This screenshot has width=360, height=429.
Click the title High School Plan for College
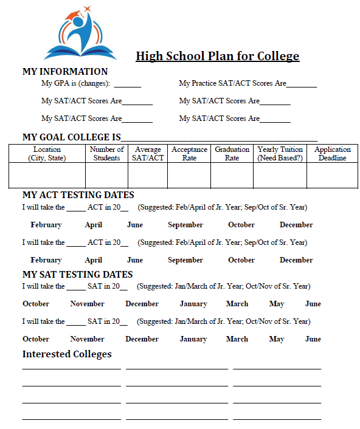point(217,57)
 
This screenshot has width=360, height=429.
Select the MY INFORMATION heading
point(65,71)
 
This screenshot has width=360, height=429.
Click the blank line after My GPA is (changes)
point(127,86)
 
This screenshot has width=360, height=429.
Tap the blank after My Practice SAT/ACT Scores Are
point(302,86)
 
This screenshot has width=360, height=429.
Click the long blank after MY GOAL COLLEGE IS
point(219,139)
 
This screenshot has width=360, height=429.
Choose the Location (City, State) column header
point(47,154)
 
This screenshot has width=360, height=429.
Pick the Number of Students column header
point(106,154)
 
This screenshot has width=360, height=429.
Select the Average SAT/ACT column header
point(148,154)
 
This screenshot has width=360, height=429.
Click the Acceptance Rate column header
point(189,154)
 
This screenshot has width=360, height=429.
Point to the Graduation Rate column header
point(232,154)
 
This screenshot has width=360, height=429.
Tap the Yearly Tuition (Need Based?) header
point(280,154)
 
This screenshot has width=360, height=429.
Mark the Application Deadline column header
point(332,154)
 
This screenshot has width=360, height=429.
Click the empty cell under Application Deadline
point(332,176)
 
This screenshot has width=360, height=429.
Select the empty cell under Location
point(47,176)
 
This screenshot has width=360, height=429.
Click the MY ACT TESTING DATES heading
point(78,195)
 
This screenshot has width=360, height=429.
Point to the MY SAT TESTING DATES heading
point(77,274)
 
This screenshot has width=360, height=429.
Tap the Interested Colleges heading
point(67,354)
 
